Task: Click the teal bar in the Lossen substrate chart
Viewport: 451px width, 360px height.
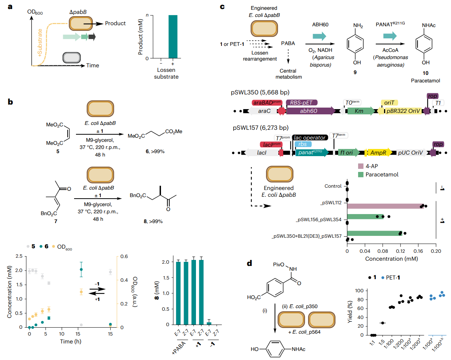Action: point(173,36)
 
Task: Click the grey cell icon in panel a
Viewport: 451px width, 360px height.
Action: point(71,58)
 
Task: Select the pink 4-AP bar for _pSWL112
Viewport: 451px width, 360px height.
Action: point(386,206)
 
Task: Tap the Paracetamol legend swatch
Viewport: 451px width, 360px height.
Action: point(361,175)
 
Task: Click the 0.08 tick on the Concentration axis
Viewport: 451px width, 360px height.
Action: point(383,251)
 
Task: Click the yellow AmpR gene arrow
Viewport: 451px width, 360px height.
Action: point(378,152)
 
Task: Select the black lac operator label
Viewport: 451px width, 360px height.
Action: point(310,138)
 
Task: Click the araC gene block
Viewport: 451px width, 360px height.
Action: point(263,111)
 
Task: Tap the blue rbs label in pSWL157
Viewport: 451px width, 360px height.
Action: point(303,144)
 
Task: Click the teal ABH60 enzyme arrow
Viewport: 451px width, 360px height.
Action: point(320,36)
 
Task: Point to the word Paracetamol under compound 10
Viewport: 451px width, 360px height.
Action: point(425,81)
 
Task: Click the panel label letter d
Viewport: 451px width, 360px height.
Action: point(249,263)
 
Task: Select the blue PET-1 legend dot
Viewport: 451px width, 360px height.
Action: point(383,278)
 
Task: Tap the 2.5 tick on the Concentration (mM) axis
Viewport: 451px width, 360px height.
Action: point(19,256)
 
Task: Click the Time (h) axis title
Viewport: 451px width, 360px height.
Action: point(70,341)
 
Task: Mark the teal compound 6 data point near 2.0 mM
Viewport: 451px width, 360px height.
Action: point(81,269)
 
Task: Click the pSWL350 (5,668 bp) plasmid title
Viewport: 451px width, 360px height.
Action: point(260,92)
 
